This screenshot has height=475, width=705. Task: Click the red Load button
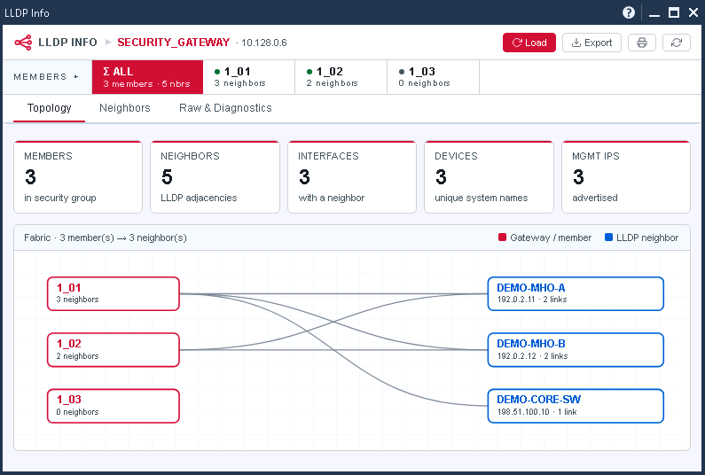point(529,43)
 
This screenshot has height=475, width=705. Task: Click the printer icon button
point(642,43)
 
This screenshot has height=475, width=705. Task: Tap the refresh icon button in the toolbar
point(677,43)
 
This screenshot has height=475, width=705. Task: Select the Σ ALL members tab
point(147,77)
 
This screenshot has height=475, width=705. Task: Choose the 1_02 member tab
point(341,77)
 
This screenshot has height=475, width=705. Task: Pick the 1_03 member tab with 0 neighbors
point(433,77)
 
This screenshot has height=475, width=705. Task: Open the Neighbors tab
point(124,108)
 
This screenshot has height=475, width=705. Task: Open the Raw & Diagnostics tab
point(225,108)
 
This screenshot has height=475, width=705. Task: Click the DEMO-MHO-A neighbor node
point(576,294)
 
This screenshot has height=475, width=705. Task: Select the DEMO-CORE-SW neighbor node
point(576,406)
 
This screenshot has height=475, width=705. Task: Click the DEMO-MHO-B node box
point(576,350)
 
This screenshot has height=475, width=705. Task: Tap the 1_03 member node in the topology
point(114,406)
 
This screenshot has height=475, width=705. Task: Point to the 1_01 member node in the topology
point(114,294)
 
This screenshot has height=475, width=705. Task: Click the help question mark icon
point(629,12)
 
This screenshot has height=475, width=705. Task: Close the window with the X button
point(693,12)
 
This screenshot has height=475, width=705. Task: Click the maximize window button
point(674,12)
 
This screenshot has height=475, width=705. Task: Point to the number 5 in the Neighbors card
point(167,177)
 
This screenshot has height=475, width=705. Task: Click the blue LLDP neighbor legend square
point(608,237)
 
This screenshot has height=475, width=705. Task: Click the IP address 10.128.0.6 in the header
point(264,43)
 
